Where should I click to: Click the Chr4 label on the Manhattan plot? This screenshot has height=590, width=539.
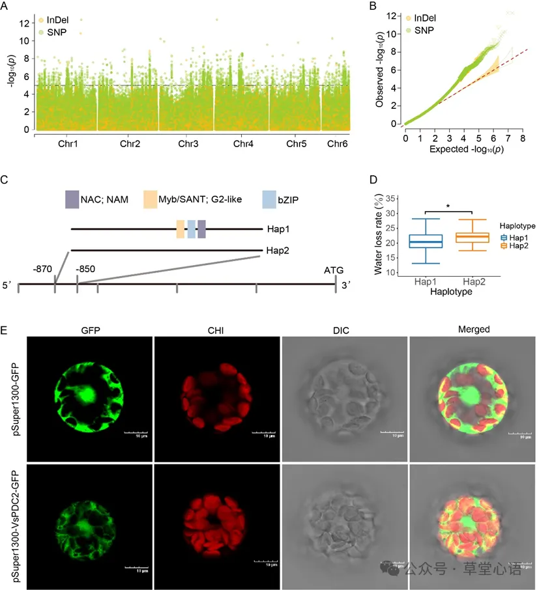[x=243, y=143]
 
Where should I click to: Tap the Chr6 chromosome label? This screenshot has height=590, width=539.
[x=337, y=143]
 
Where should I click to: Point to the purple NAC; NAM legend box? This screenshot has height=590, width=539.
[x=72, y=199]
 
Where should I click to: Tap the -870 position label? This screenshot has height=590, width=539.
[x=42, y=269]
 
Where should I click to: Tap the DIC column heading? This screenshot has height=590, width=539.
[x=341, y=330]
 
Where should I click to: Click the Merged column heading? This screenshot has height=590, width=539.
[x=473, y=330]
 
